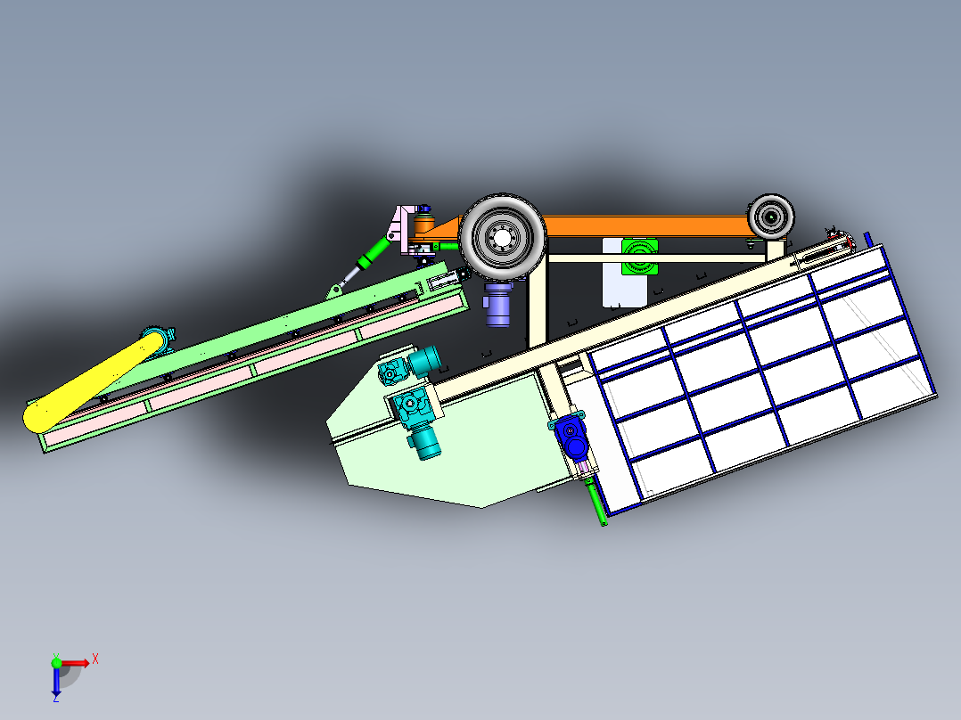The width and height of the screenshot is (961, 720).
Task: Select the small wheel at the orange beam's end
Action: point(770,216)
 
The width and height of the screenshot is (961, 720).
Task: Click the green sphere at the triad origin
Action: point(56,662)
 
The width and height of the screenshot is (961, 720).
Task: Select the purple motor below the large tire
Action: point(497,307)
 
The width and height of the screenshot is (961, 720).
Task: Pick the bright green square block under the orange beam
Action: point(639,258)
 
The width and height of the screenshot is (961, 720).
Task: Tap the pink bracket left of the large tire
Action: point(405,227)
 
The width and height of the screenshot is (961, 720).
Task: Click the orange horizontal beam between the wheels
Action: point(642,226)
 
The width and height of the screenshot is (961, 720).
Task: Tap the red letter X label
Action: point(94,659)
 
